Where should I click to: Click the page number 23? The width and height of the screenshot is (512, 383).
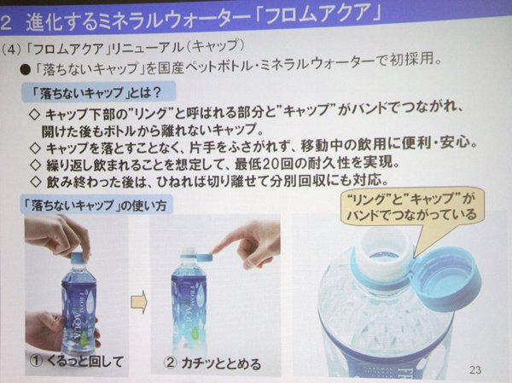(x=475, y=369)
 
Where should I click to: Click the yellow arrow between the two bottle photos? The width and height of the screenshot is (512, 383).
(x=139, y=302)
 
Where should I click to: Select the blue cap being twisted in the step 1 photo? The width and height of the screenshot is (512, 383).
(x=79, y=256)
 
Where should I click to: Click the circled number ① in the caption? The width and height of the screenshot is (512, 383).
(x=37, y=361)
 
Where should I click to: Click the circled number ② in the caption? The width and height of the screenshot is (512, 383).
(x=170, y=363)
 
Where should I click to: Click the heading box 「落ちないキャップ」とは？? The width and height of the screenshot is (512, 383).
(x=98, y=92)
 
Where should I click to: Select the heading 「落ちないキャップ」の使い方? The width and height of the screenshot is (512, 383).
(x=96, y=205)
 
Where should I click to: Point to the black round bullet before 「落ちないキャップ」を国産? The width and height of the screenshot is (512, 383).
(x=26, y=70)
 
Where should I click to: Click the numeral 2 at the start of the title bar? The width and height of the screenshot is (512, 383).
(x=6, y=23)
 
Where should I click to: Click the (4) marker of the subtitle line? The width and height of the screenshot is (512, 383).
(x=10, y=49)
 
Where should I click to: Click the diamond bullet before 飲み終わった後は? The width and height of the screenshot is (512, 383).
(x=35, y=182)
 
